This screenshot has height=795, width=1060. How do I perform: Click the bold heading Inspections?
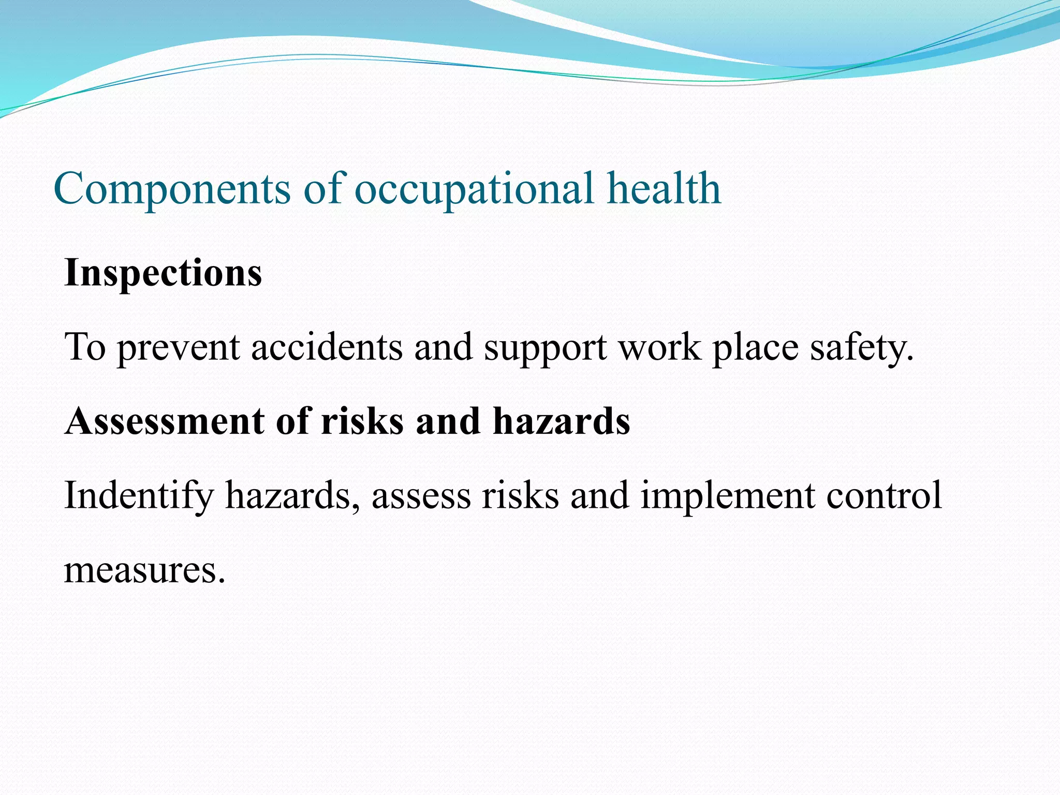coord(163,273)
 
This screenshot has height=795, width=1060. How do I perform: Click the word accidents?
coord(327,347)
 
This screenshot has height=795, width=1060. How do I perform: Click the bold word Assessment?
coord(165,421)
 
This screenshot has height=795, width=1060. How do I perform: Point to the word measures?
coord(144,570)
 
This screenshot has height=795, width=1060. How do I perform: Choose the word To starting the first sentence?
coord(85,347)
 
